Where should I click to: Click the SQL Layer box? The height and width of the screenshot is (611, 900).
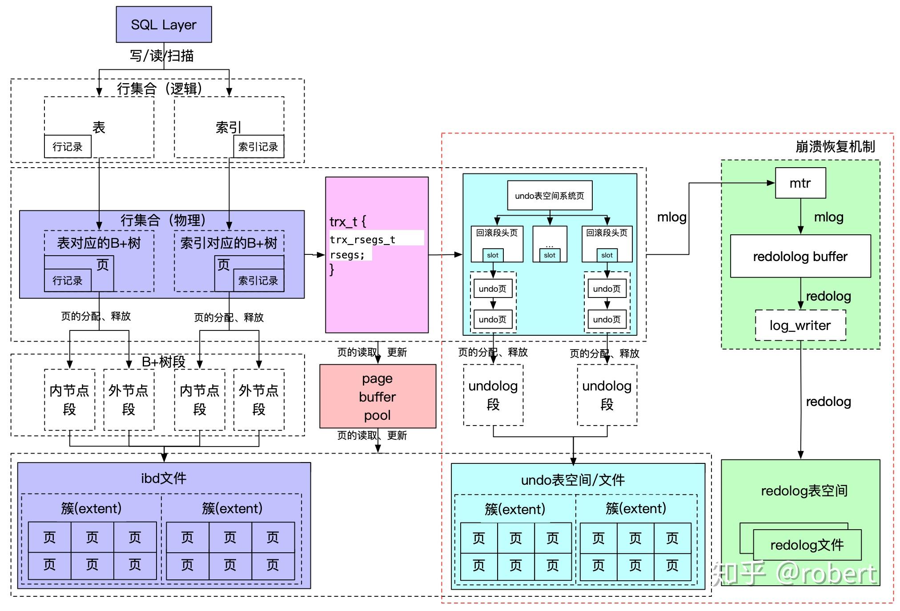(x=164, y=24)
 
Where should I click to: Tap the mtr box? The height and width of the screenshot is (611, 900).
(x=800, y=183)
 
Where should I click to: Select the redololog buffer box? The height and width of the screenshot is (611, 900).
(x=800, y=256)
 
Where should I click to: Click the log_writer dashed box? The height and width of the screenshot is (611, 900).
(x=800, y=326)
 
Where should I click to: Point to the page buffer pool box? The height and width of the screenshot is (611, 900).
(x=378, y=396)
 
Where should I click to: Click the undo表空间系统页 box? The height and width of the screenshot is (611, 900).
(x=550, y=195)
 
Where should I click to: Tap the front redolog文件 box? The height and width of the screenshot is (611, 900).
(x=807, y=545)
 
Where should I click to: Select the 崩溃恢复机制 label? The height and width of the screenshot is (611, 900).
(x=835, y=146)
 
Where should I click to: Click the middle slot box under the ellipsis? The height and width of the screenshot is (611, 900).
(x=550, y=255)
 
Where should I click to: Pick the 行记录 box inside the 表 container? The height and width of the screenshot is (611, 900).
(x=68, y=146)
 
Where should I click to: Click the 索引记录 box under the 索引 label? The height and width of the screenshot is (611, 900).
(x=258, y=146)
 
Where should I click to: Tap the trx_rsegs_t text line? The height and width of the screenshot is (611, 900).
(x=362, y=240)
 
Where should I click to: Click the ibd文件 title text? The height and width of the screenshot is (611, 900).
(x=164, y=478)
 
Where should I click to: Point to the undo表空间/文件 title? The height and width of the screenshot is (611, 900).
(x=573, y=480)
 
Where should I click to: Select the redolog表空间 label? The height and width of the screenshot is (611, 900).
(x=804, y=490)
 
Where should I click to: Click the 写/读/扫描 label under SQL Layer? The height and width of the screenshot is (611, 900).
(x=162, y=56)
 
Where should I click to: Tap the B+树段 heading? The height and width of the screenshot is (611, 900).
(x=164, y=362)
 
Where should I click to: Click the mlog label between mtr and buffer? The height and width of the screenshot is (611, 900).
(x=828, y=217)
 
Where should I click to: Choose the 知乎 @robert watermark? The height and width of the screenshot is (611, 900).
(x=794, y=573)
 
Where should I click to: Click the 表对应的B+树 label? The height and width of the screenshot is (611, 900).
(x=99, y=243)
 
